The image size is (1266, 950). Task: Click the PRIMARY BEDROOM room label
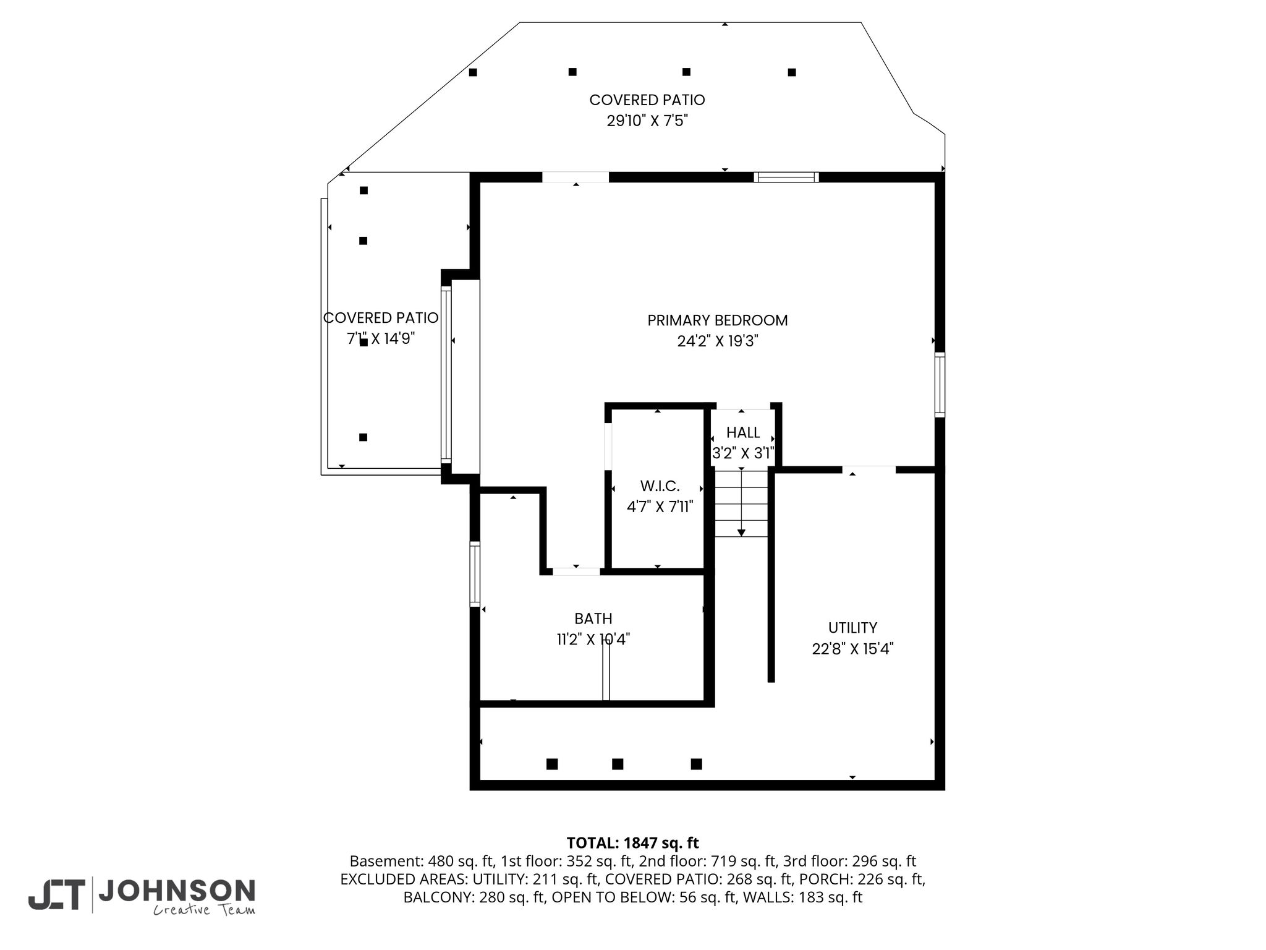pyautogui.click(x=718, y=320)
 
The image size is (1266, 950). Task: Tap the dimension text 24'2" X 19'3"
pyautogui.click(x=718, y=341)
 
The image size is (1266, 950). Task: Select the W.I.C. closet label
pyautogui.click(x=660, y=486)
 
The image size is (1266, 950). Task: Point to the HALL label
pyautogui.click(x=743, y=432)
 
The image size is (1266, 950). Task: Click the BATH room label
pyautogui.click(x=593, y=618)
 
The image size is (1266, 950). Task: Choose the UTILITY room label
pyautogui.click(x=852, y=628)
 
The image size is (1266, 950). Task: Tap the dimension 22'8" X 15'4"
pyautogui.click(x=853, y=649)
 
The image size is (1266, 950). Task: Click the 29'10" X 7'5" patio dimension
pyautogui.click(x=647, y=121)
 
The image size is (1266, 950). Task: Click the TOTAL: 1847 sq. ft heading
pyautogui.click(x=632, y=843)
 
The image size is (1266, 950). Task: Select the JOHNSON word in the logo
pyautogui.click(x=177, y=891)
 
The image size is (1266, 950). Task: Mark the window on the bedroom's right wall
pyautogui.click(x=940, y=385)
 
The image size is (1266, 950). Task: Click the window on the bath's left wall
pyautogui.click(x=475, y=574)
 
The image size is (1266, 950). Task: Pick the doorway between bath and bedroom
pyautogui.click(x=576, y=571)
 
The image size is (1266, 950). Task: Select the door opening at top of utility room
pyautogui.click(x=869, y=469)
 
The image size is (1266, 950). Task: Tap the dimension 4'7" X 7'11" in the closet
pyautogui.click(x=660, y=507)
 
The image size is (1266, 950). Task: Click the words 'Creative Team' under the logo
pyautogui.click(x=204, y=910)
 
